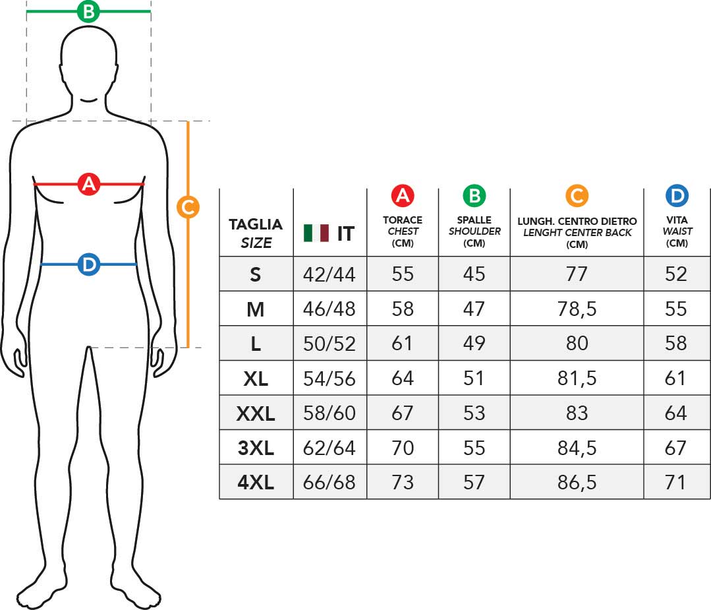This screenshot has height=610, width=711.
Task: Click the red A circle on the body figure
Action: click(x=89, y=184)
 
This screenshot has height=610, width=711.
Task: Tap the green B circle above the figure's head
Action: click(x=88, y=11)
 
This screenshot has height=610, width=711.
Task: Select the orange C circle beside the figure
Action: click(x=188, y=207)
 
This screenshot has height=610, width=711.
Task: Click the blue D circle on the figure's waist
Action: click(x=89, y=264)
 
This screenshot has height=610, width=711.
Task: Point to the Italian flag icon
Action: click(x=316, y=233)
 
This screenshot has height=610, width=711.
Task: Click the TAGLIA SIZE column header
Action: click(x=256, y=233)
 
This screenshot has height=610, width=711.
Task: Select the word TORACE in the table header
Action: click(x=403, y=220)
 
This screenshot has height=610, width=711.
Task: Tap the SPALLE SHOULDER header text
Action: click(x=474, y=226)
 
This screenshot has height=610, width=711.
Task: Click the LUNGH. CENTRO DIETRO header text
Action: click(x=577, y=222)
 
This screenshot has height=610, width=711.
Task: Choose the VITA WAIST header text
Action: click(x=677, y=226)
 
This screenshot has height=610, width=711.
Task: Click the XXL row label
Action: click(x=256, y=413)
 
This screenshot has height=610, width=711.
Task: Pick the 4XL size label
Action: click(x=256, y=483)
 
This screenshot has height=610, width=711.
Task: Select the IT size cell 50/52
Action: click(x=329, y=344)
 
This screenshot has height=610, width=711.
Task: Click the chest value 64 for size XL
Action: click(x=403, y=379)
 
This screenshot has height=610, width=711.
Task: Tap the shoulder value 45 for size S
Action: click(x=474, y=274)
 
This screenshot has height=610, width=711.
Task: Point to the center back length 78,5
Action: click(x=577, y=309)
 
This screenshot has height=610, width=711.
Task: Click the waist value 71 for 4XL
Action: click(x=675, y=483)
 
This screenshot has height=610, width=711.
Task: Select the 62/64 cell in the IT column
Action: click(x=329, y=448)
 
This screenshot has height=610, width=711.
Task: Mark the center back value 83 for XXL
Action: click(x=577, y=413)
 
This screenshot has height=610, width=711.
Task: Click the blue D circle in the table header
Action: click(x=677, y=196)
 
